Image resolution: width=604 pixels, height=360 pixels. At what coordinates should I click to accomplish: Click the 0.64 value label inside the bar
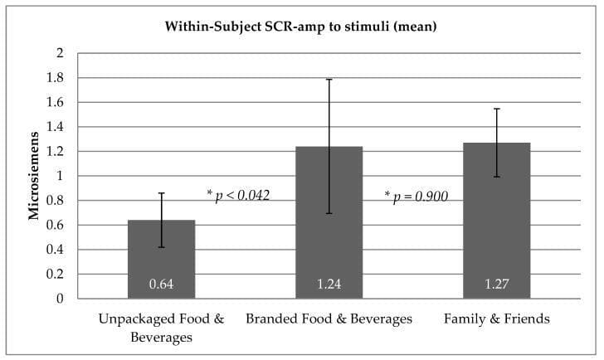click(161, 285)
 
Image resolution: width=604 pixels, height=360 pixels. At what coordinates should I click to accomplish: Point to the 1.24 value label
click(329, 285)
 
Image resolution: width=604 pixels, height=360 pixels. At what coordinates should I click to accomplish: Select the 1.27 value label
click(495, 285)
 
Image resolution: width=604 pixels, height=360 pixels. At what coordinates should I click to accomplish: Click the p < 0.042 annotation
click(238, 195)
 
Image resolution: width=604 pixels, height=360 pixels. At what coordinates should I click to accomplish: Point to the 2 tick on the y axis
click(59, 53)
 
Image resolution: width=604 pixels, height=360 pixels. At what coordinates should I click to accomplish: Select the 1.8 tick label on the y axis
click(55, 78)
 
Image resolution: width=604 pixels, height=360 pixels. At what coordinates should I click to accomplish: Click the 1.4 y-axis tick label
click(55, 127)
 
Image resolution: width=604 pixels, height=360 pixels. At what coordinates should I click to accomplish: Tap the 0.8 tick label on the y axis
click(55, 201)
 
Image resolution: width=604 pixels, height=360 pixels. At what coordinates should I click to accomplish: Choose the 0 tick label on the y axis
click(59, 299)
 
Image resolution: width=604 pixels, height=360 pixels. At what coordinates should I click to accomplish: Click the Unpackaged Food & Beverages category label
click(161, 328)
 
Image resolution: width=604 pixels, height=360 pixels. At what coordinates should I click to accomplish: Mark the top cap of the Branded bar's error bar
click(329, 79)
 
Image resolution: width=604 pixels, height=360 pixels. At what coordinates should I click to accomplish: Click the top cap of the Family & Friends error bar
click(495, 109)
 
